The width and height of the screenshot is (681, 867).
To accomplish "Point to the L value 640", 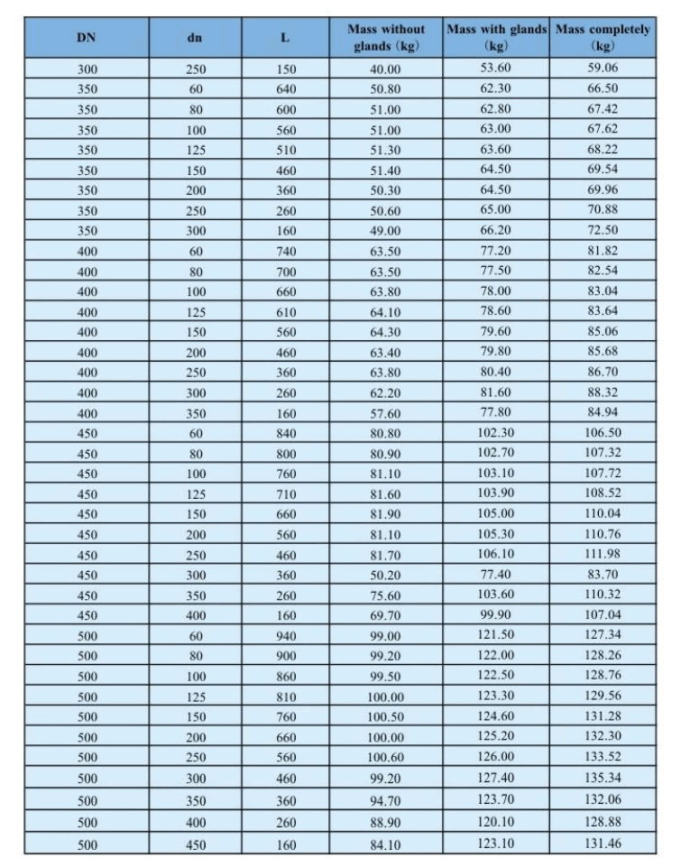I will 287,89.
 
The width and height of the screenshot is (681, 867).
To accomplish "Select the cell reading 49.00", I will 386,231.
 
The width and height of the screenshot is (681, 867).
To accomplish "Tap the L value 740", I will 287,252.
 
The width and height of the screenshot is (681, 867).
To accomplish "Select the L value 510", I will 287,151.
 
